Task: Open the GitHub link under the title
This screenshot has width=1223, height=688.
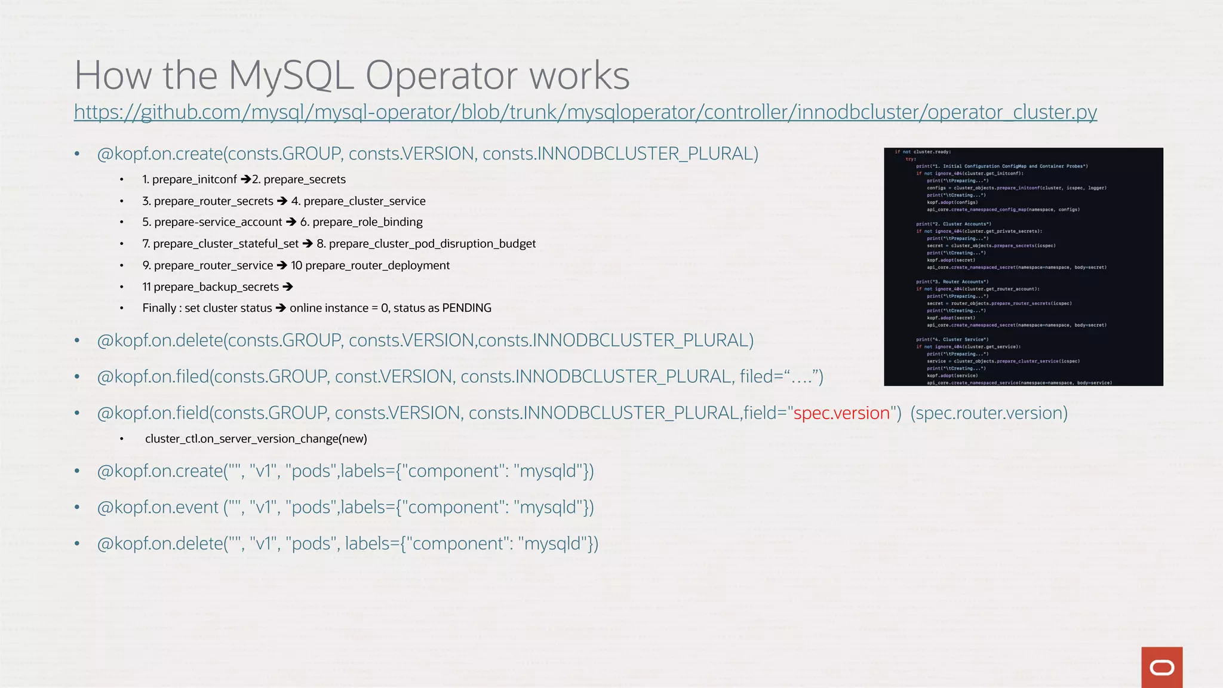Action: tap(585, 112)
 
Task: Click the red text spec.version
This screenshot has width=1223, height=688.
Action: tap(841, 413)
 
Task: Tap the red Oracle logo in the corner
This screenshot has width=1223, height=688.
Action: tap(1161, 667)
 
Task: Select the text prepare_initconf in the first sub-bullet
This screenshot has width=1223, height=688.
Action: tap(195, 179)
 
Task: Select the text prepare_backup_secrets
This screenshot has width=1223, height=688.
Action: tap(216, 287)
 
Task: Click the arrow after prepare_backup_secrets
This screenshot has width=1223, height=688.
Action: tap(288, 287)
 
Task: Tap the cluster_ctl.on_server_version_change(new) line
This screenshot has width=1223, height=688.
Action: tap(256, 439)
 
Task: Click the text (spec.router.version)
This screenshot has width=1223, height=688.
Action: tap(989, 413)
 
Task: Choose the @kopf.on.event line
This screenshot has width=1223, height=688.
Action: tap(345, 507)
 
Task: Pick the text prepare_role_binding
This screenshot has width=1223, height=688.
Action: tap(367, 222)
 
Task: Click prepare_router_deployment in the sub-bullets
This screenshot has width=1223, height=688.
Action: tap(377, 265)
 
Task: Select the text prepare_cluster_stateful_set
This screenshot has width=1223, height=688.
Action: tap(226, 244)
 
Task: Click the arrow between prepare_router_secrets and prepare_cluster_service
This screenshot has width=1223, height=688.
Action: tap(282, 201)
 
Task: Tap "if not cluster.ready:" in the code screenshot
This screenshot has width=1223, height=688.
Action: tap(923, 152)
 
